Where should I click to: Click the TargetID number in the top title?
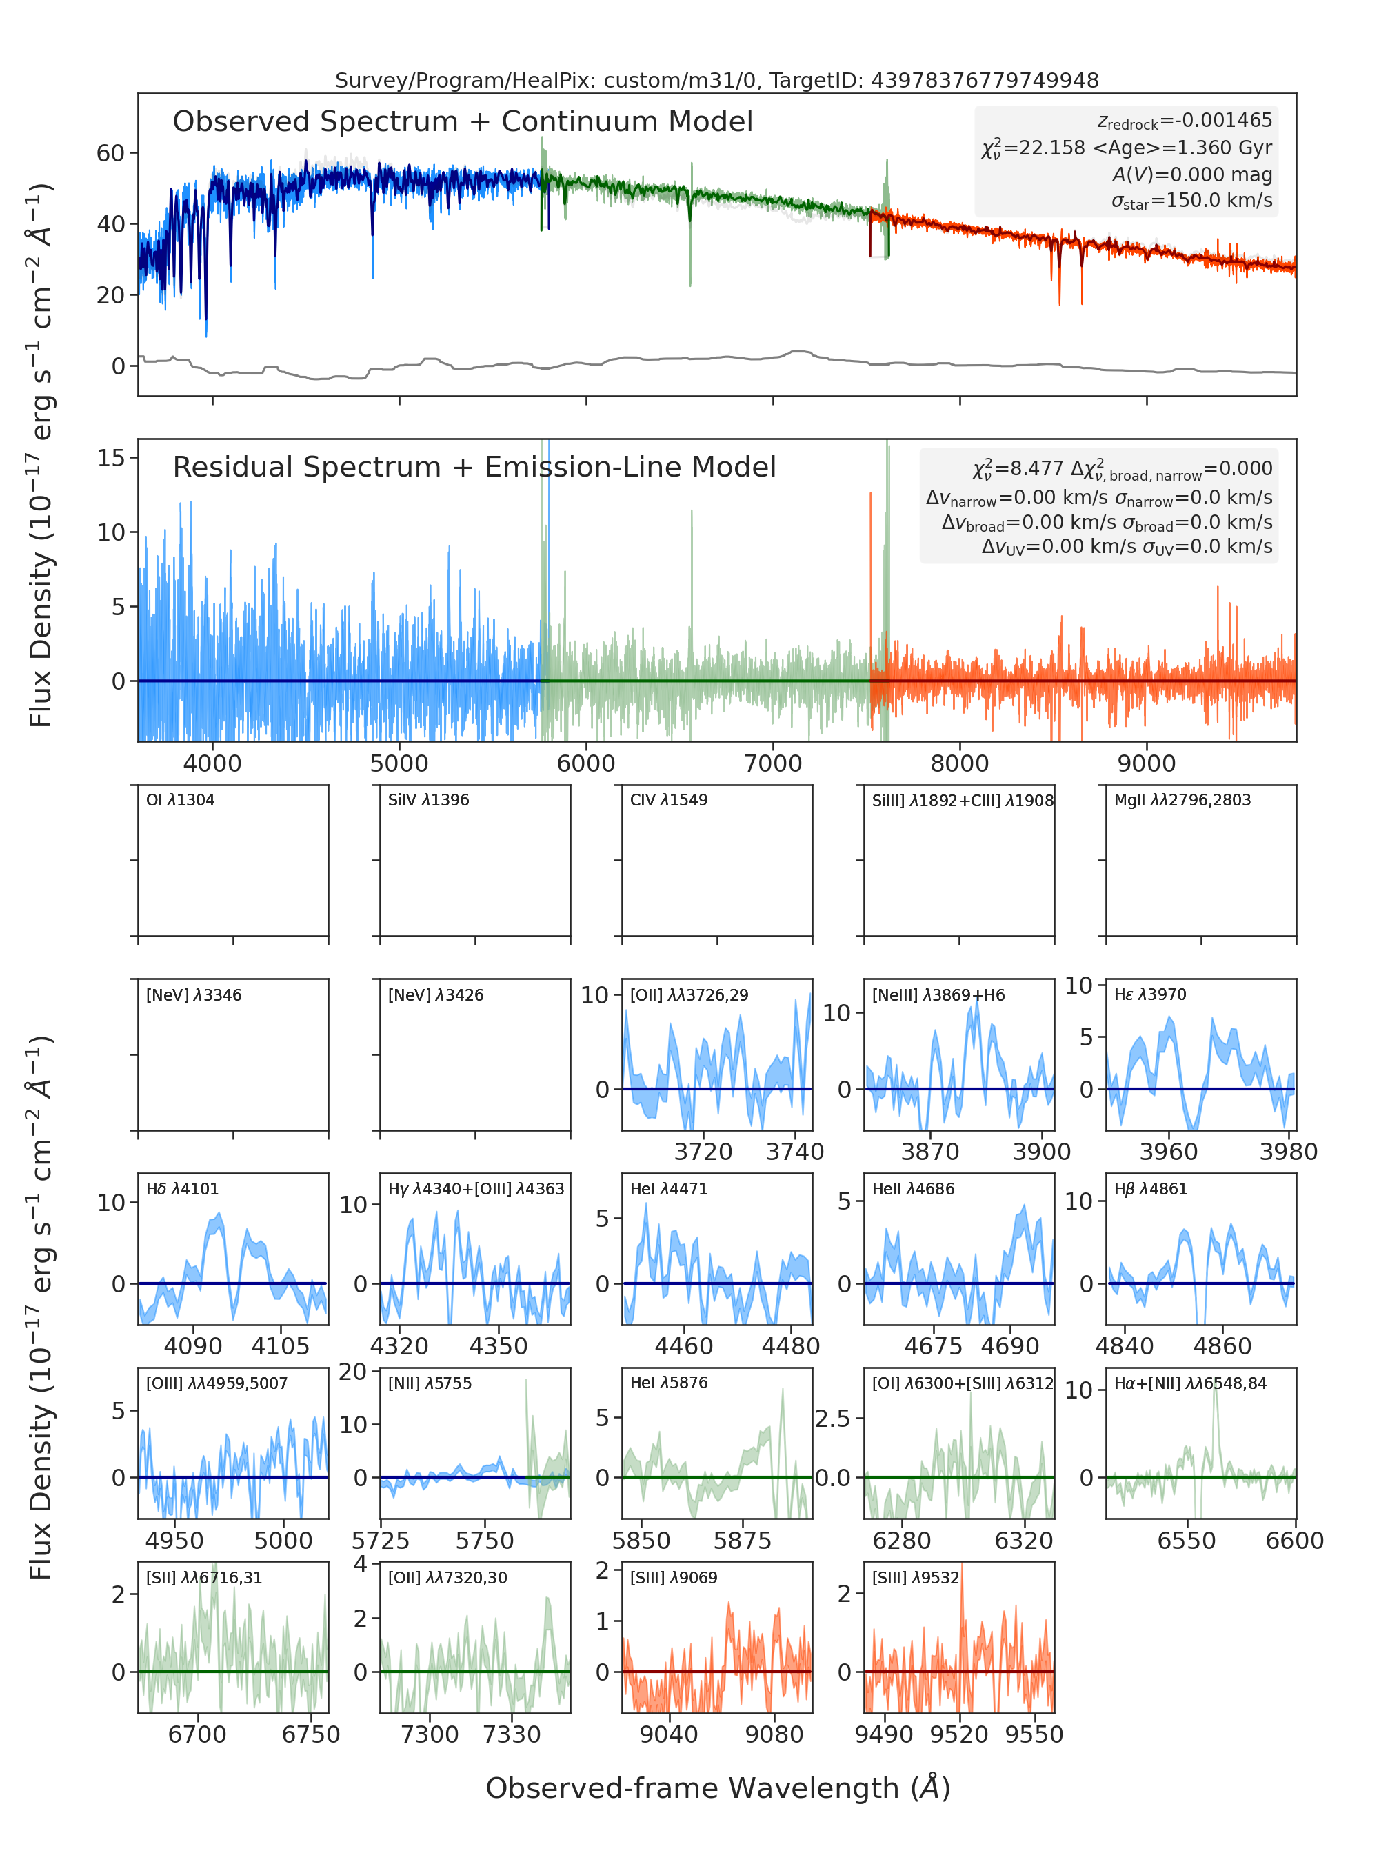coord(985,80)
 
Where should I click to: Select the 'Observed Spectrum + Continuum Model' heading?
coord(463,122)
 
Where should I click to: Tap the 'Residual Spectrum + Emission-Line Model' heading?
coord(474,467)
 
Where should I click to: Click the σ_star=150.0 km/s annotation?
coord(1192,201)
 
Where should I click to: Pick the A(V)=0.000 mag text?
coord(1192,174)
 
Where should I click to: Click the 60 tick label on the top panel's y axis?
coord(110,153)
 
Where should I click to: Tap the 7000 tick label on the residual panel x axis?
coord(773,763)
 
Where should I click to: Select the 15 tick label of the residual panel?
coord(111,457)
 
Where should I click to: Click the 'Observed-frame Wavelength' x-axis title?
coord(718,1788)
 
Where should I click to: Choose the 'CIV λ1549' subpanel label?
coord(669,800)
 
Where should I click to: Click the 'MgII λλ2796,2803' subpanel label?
coord(1182,800)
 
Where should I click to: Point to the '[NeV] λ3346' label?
coord(194,995)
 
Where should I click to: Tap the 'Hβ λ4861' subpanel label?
coord(1150,1189)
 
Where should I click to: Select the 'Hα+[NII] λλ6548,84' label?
coord(1190,1383)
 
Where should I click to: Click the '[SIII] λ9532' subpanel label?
coord(916,1578)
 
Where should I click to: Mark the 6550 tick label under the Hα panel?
coord(1186,1541)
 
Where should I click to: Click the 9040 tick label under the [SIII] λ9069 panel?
coord(669,1734)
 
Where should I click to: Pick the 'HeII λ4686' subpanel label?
coord(913,1189)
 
